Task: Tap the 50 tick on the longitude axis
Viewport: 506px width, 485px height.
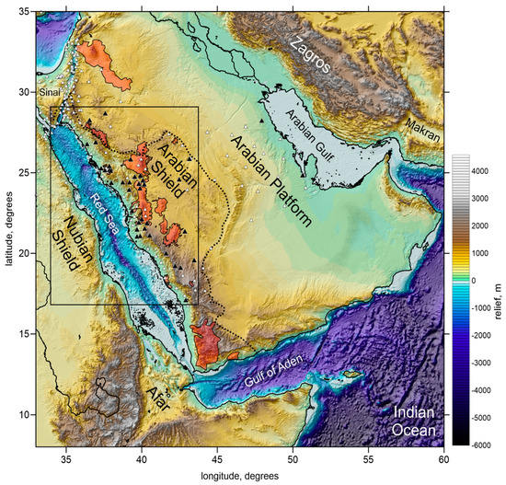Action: tap(293, 457)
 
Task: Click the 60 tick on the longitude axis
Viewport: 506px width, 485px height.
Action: tap(443, 457)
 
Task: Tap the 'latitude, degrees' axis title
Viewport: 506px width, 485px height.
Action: tap(7, 230)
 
